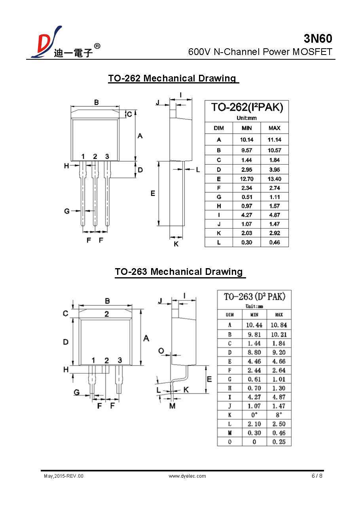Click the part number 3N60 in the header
pos(318,38)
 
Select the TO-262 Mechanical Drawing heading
pos(172,78)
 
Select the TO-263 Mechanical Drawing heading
pos(179,272)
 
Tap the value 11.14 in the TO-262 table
pos(274,140)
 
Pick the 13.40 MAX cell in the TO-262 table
pos(274,179)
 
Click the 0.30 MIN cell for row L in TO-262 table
pos(246,242)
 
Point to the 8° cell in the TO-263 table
pos(279,415)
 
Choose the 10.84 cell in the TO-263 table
pos(279,325)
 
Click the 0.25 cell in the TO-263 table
pos(279,442)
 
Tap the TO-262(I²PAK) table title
pos(247,108)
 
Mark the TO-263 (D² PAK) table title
pos(254,297)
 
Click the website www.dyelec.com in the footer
pos(187,476)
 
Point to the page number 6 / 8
pos(317,476)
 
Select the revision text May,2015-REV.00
pos(63,476)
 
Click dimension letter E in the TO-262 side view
pos(152,193)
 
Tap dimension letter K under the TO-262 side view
pos(176,244)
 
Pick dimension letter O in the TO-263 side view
pos(161,351)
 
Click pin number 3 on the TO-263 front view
pos(119,360)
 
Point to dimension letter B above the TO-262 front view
pos(96,102)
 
